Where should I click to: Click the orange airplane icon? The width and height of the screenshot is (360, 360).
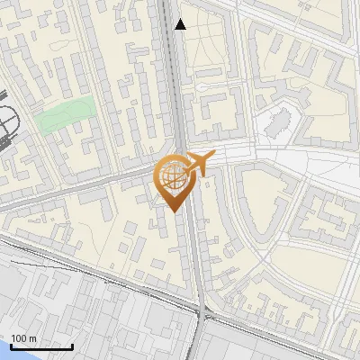coord(197,164)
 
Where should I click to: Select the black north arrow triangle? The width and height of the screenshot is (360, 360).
coord(181,24)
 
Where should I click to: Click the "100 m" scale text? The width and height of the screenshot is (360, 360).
coord(23,338)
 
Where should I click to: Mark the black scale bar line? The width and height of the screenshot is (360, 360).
coord(41,347)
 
